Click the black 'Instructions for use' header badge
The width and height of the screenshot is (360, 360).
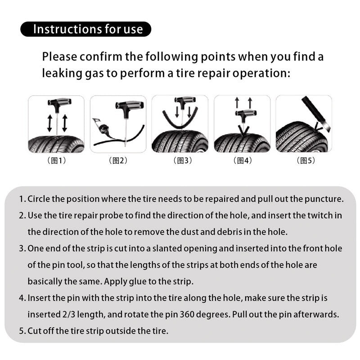tap(85, 30)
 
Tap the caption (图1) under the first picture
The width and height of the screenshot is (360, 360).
tap(56, 161)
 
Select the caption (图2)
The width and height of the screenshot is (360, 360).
tap(118, 161)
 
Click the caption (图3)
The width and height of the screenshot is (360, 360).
tap(182, 161)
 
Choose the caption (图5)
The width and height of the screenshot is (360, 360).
tap(306, 161)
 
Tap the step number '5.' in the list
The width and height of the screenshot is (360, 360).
tap(22, 331)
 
